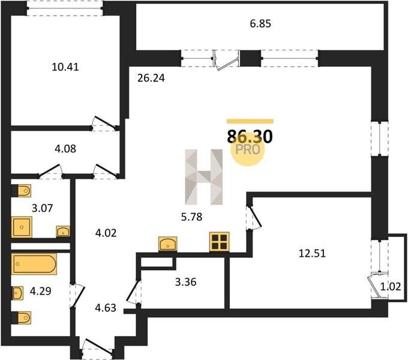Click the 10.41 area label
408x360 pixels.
pyautogui.click(x=65, y=67)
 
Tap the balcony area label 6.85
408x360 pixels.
pyautogui.click(x=260, y=23)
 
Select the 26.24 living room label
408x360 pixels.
pyautogui.click(x=151, y=78)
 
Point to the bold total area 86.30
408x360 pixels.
pyautogui.click(x=250, y=137)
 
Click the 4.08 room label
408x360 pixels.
pyautogui.click(x=65, y=149)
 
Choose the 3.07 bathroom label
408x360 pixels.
pyautogui.click(x=42, y=208)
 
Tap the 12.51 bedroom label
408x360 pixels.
pyautogui.click(x=312, y=253)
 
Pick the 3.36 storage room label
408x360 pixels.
pyautogui.click(x=185, y=282)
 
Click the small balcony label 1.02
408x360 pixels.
pyautogui.click(x=394, y=287)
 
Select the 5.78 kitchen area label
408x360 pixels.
pyautogui.click(x=191, y=217)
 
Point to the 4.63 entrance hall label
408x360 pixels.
pyautogui.click(x=106, y=308)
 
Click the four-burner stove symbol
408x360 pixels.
pyautogui.click(x=220, y=242)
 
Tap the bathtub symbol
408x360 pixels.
pyautogui.click(x=34, y=264)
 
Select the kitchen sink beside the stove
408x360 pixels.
pyautogui.click(x=168, y=244)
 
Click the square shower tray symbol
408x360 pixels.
pyautogui.click(x=22, y=227)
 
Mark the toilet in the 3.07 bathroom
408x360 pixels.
pyautogui.click(x=24, y=191)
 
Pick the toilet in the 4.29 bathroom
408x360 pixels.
pyautogui.click(x=24, y=317)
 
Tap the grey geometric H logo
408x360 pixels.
pyautogui.click(x=204, y=177)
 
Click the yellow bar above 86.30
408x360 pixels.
pyautogui.click(x=250, y=121)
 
